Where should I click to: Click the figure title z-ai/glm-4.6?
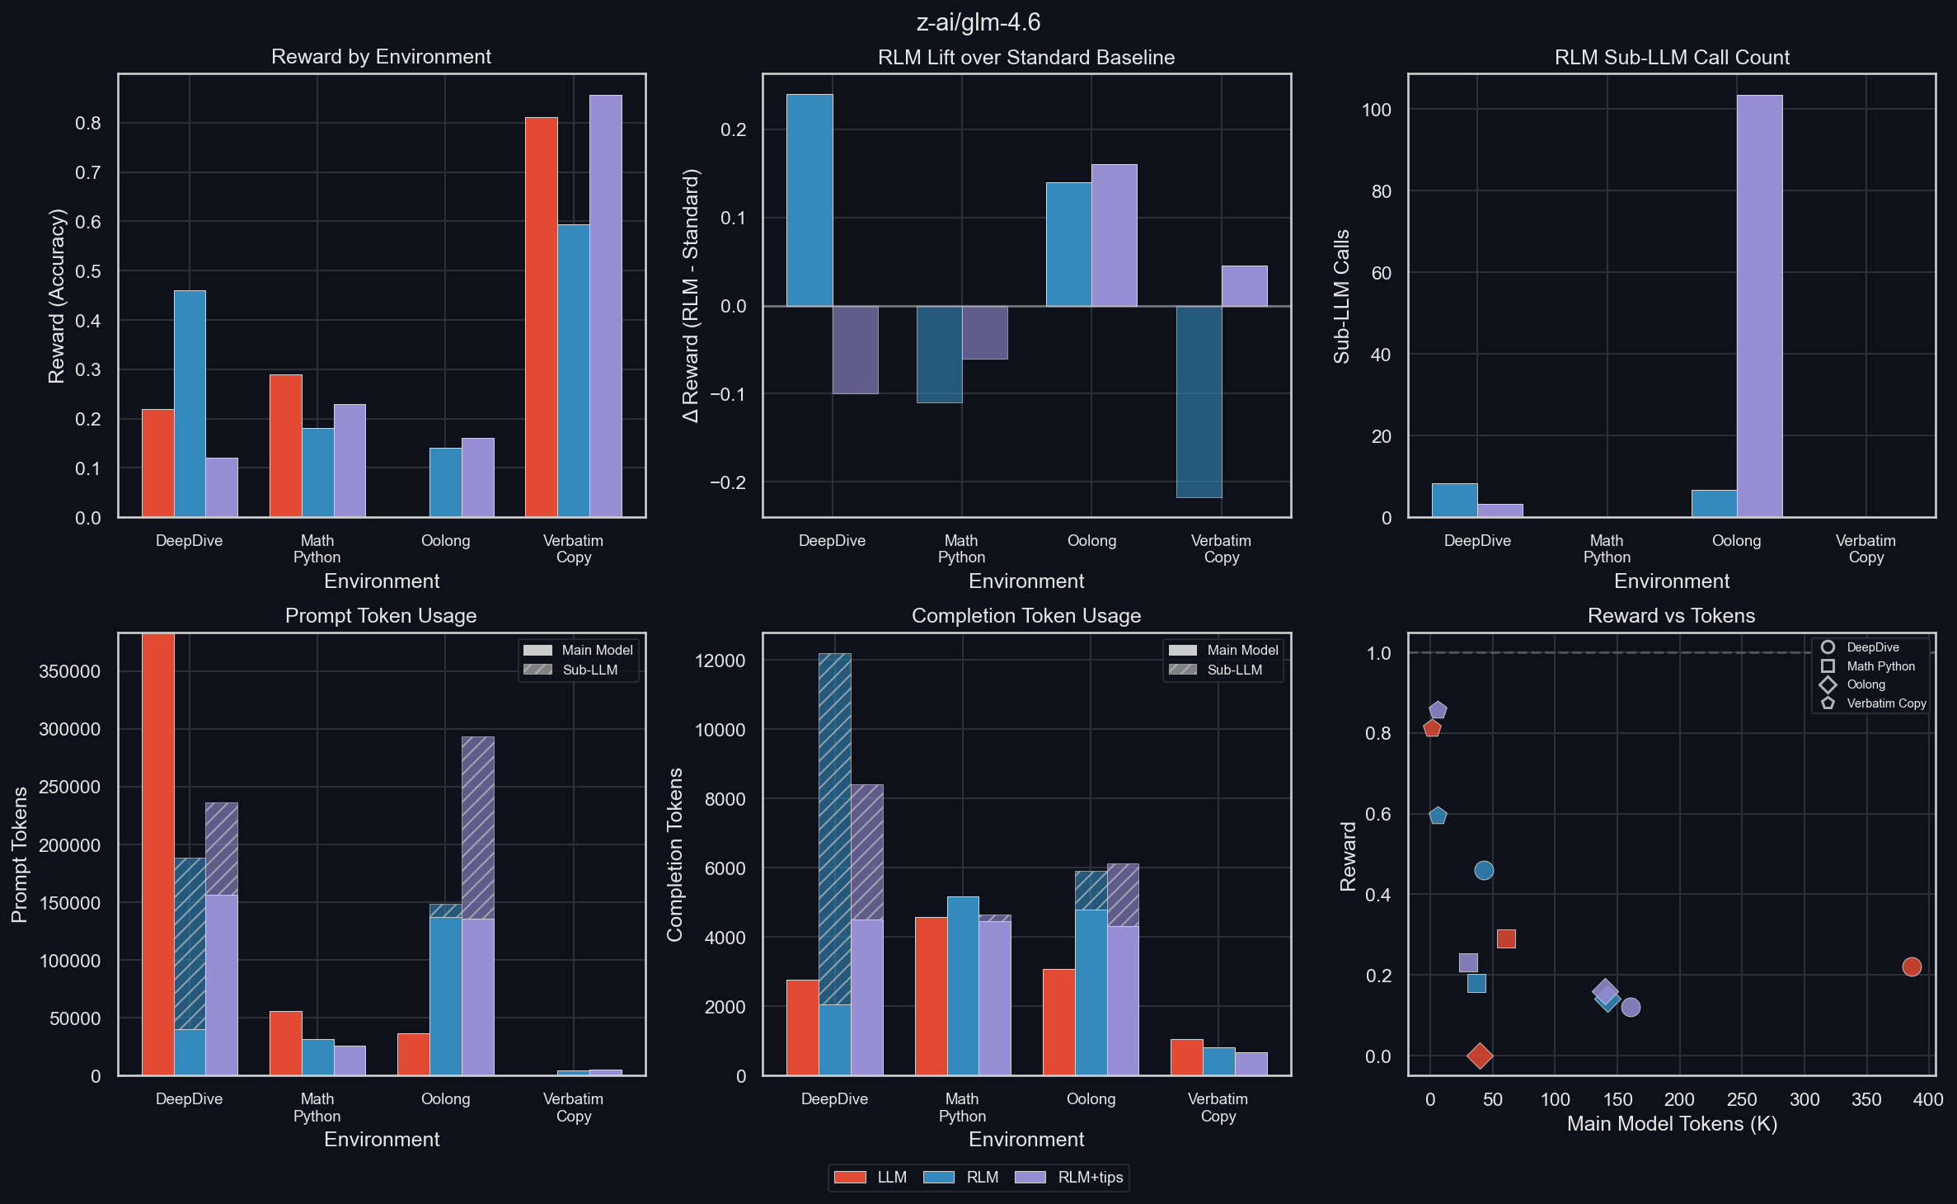(978, 22)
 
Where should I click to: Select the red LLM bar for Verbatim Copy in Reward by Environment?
(541, 317)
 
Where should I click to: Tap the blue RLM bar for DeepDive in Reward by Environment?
(190, 404)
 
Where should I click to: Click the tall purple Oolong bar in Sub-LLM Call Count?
(1759, 306)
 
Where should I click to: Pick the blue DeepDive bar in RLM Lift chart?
(810, 200)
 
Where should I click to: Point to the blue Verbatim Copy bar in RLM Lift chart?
(1199, 402)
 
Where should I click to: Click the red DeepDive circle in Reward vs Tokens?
(1912, 966)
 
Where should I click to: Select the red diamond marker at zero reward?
(1480, 1056)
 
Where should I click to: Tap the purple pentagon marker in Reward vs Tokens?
(1438, 710)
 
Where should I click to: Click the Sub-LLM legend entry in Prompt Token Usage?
(589, 670)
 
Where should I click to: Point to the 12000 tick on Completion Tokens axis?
(720, 661)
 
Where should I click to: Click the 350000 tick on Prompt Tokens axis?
(69, 671)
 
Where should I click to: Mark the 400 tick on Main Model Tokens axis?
(1928, 1099)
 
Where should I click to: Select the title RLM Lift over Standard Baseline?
(1025, 57)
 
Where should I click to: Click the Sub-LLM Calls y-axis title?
(1342, 296)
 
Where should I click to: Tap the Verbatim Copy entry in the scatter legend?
(1886, 703)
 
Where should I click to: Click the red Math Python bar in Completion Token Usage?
(931, 996)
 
